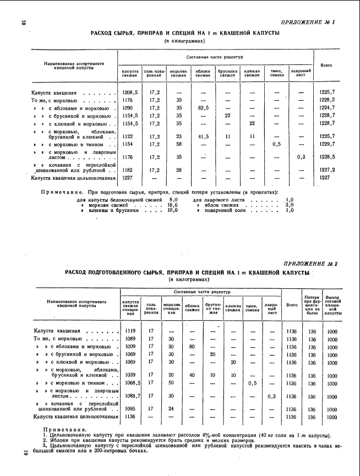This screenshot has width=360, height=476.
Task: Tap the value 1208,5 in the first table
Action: click(x=129, y=92)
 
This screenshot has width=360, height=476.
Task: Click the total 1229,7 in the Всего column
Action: click(x=328, y=144)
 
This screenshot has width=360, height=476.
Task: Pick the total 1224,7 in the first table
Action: click(x=328, y=108)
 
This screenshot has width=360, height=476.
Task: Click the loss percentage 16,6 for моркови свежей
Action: click(x=172, y=204)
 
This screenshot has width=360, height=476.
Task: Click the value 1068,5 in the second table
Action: click(x=132, y=382)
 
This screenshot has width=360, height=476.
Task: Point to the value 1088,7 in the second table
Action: click(x=132, y=396)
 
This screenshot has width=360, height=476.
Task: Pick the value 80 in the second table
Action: click(x=192, y=347)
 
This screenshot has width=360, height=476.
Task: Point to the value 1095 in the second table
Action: click(x=130, y=409)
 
